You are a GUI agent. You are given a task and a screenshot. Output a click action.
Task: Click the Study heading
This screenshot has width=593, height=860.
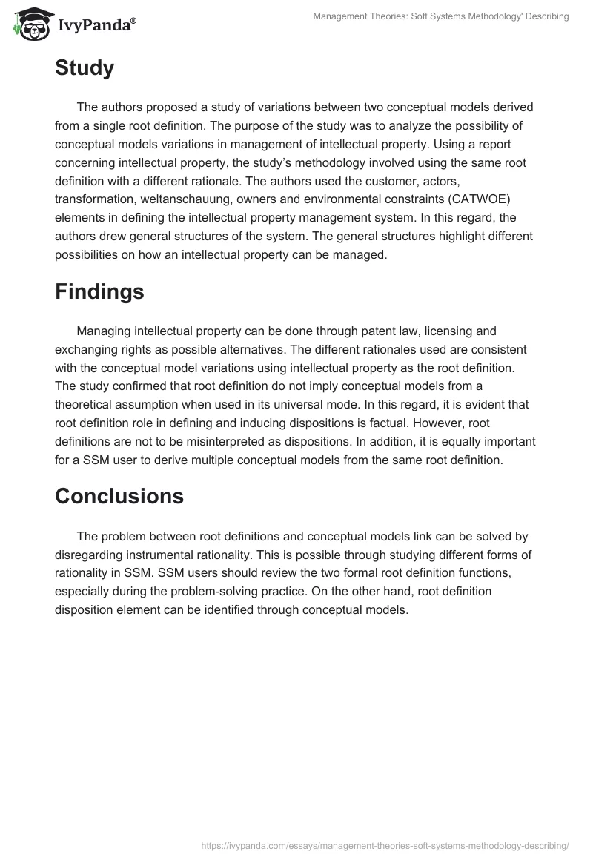[x=85, y=68]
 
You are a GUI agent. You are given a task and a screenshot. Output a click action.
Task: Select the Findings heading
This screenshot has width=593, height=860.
[x=99, y=291]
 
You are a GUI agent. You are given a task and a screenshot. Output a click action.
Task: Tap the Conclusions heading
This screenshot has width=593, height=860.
[x=119, y=496]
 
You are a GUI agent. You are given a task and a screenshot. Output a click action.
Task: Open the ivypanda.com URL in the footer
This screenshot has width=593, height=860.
[x=385, y=844]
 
